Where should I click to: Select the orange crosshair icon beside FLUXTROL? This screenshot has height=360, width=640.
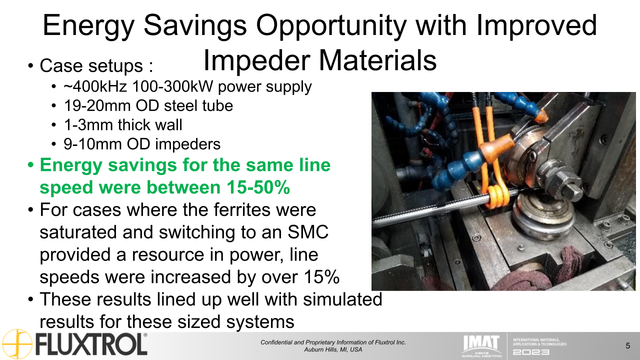tap(17, 344)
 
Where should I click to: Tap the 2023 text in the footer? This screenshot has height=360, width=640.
tap(531, 351)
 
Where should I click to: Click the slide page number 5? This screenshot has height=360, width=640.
tap(627, 345)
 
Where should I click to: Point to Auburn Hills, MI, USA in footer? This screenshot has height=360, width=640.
tap(333, 349)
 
